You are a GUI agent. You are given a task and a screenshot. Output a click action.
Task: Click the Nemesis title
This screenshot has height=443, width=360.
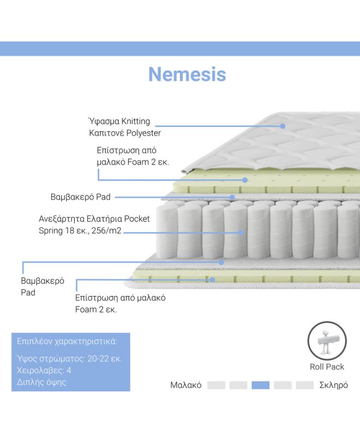[187, 74]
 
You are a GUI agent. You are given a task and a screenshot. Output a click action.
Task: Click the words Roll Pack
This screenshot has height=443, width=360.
[327, 367]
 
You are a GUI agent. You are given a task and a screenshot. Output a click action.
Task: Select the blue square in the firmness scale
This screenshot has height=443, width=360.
[260, 385]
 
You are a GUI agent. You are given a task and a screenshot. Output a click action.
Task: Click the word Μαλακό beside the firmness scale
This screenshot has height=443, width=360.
[185, 385]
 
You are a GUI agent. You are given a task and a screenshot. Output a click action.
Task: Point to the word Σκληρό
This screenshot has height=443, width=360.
[333, 385]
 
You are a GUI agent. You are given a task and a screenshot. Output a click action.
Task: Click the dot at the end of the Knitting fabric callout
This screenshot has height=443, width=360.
[283, 126]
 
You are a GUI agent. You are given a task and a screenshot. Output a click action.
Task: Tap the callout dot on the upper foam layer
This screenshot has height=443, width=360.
[245, 180]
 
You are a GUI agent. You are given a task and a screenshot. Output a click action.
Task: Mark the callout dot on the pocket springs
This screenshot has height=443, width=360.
[241, 233]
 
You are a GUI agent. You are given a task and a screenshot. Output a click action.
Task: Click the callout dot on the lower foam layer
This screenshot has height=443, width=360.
[212, 280]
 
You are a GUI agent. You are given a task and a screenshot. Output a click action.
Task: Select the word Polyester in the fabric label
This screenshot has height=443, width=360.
[143, 133]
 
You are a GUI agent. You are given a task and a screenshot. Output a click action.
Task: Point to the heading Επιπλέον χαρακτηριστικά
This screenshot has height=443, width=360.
[67, 342]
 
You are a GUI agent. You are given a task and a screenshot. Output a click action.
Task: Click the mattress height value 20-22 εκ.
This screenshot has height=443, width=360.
[105, 359]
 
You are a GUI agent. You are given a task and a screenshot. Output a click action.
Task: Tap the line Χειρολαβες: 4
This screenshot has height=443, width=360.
[44, 370]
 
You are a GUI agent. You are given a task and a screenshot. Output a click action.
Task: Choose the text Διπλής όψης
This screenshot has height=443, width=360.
[41, 382]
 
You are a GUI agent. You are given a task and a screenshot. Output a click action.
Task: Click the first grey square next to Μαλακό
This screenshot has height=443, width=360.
[216, 385]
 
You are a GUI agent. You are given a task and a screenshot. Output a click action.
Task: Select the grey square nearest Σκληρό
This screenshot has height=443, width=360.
[304, 385]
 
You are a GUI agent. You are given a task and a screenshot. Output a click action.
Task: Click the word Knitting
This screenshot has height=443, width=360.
[136, 121]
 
